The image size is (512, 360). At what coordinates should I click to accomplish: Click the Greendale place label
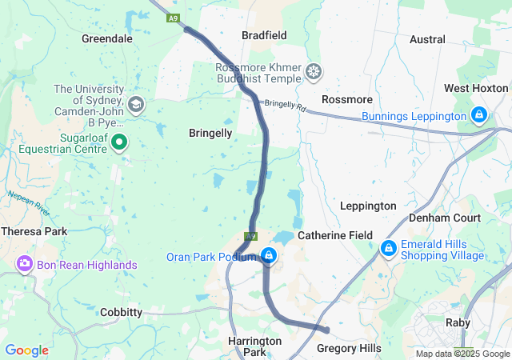coord(107,38)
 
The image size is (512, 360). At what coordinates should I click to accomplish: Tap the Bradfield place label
coord(264,35)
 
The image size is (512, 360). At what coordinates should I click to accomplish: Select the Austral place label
coord(426,39)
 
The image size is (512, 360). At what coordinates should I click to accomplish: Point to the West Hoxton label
coord(476,88)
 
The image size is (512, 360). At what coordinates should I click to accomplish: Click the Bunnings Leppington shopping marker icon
coord(478,115)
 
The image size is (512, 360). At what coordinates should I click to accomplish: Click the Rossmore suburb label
coord(346,99)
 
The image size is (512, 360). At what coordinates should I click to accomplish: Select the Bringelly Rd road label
coord(285,105)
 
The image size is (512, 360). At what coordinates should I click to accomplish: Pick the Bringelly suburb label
coord(210,133)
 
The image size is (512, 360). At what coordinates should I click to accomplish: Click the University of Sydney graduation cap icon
coord(136,103)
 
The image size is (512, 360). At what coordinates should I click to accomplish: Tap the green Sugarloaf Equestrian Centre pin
coord(119,142)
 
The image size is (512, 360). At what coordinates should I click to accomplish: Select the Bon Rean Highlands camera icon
coord(24,263)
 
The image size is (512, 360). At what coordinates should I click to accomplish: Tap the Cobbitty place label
coord(121,312)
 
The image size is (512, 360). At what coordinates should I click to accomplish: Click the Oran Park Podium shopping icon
coord(270,256)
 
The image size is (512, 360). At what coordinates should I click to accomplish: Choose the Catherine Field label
coord(335,236)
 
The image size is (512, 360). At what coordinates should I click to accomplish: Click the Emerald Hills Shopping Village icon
coord(389,248)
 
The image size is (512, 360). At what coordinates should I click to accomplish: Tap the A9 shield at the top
coord(173,18)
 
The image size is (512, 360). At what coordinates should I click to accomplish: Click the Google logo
coord(26,350)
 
